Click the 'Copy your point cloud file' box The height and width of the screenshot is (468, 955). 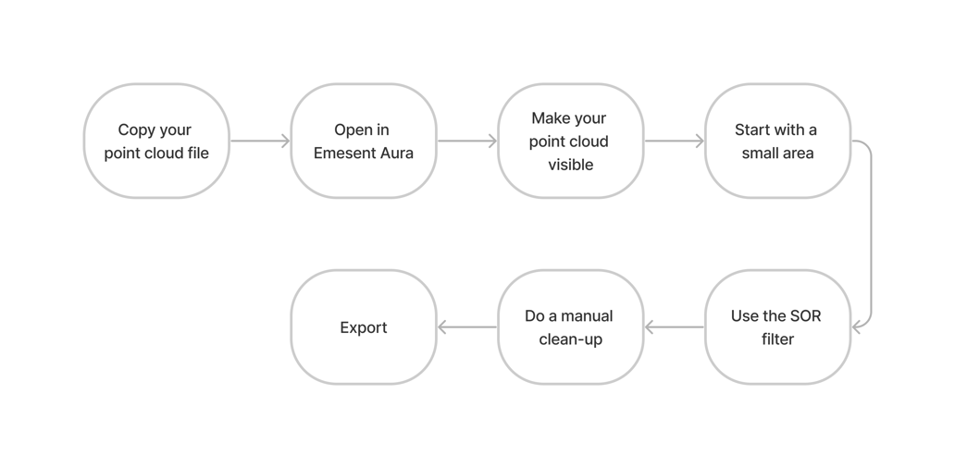point(156,142)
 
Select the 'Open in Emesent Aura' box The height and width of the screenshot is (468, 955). point(364,142)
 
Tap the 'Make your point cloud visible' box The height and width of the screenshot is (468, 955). point(570,142)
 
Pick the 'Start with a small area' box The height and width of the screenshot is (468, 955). point(777,142)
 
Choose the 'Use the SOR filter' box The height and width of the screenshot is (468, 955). point(777,327)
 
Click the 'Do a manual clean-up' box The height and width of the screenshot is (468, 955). point(570,327)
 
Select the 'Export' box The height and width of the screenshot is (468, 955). point(364,327)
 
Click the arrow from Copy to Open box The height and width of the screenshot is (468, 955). point(260,142)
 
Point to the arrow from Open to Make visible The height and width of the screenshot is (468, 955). point(467,142)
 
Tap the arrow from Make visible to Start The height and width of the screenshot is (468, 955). point(675,142)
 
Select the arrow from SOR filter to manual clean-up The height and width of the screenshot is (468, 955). point(675,327)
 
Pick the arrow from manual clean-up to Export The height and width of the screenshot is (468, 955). point(467,327)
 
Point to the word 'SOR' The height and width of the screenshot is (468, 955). point(805,316)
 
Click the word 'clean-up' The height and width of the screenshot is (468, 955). point(570,339)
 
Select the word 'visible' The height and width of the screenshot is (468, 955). point(570,166)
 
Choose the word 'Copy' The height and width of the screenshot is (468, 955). point(136,130)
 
